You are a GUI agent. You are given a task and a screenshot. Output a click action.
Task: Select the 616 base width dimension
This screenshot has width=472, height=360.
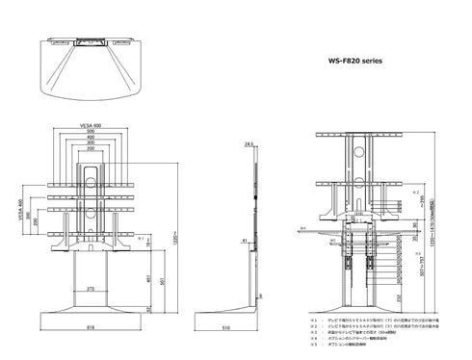pyautogui.click(x=92, y=327)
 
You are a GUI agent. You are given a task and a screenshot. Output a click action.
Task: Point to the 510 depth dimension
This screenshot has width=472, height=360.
pyautogui.click(x=251, y=327)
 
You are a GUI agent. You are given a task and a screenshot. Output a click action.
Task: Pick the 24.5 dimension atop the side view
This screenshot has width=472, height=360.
pyautogui.click(x=249, y=145)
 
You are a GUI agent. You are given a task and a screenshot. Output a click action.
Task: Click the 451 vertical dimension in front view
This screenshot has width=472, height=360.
pyautogui.click(x=146, y=279)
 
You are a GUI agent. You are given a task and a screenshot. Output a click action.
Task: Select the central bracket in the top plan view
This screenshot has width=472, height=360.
pyautogui.click(x=93, y=42)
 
